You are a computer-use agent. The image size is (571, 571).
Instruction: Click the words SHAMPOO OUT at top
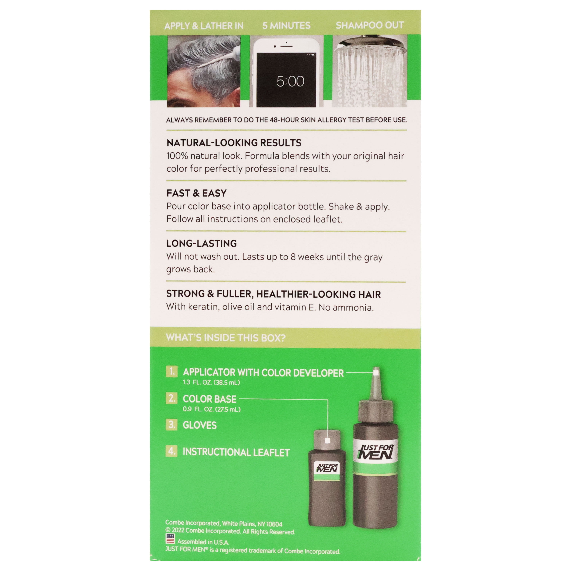(370, 26)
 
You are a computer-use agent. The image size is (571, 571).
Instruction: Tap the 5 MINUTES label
(286, 26)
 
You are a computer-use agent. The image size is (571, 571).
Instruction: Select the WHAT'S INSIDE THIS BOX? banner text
(226, 337)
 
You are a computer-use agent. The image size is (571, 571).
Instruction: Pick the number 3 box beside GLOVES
(172, 425)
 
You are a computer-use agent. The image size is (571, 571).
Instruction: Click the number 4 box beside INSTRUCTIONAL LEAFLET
(172, 451)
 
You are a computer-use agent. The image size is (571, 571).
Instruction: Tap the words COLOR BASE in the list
(210, 399)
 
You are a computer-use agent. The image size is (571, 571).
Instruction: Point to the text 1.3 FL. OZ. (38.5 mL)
(211, 382)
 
